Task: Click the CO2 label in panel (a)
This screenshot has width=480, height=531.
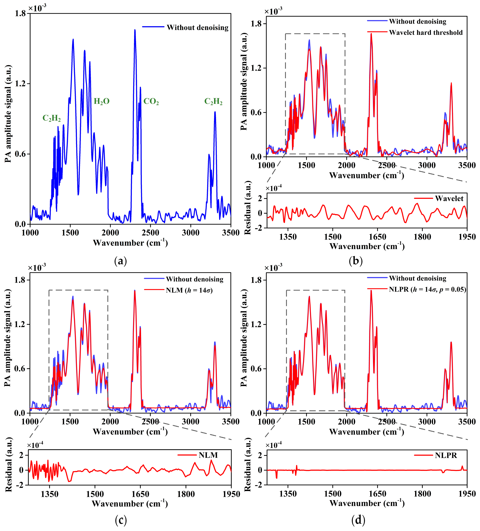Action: [x=151, y=101]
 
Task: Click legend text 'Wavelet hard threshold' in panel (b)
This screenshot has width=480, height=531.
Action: [x=426, y=33]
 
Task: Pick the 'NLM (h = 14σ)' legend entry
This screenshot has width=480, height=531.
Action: [x=189, y=290]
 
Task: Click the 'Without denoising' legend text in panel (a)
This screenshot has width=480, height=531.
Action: [x=197, y=28]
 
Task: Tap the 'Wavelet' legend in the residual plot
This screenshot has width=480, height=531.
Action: [x=449, y=199]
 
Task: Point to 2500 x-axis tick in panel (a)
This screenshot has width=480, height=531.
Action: [x=150, y=233]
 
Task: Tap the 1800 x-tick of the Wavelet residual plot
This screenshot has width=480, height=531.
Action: [x=422, y=237]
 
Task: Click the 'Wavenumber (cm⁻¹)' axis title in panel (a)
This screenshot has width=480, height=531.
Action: [x=130, y=243]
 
